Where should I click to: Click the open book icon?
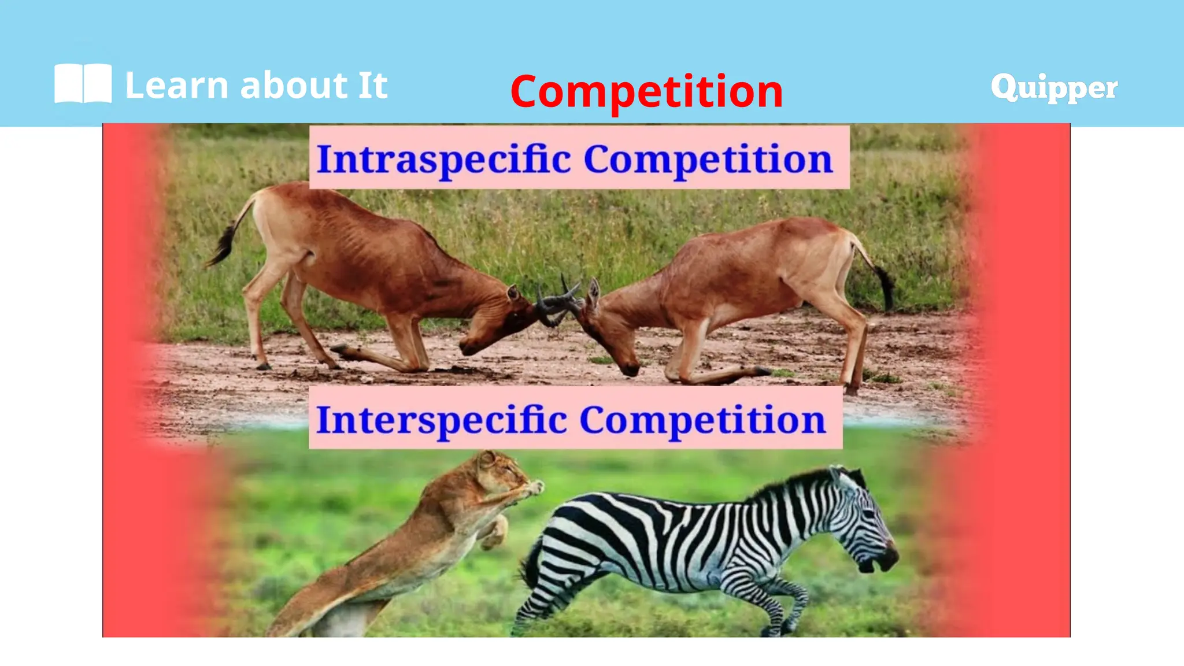coord(83,84)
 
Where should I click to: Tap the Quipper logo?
coord(1054,88)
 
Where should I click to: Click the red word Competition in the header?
coord(646,91)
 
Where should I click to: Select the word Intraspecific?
coord(444,159)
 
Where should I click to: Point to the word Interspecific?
coord(442,420)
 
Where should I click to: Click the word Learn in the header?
coord(177,86)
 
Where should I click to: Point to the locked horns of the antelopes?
coord(558,301)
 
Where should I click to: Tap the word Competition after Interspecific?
coord(702,420)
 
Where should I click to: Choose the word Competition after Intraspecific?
coord(708,159)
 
